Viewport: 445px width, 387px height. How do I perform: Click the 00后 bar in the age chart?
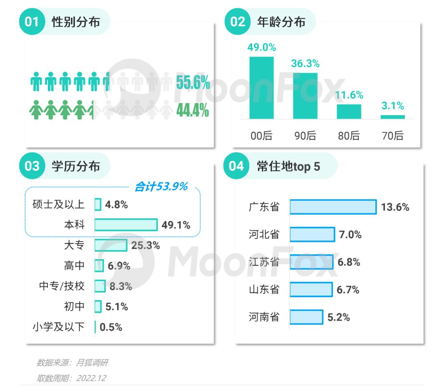pos(262,88)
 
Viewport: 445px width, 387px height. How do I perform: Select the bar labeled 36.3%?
pos(305,96)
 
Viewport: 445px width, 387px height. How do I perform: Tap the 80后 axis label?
pos(349,135)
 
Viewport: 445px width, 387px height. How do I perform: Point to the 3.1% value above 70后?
pos(393,106)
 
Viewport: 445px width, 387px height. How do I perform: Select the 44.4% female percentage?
pos(192,111)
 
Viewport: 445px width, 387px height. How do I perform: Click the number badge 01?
pos(32,21)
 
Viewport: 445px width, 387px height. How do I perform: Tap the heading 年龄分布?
pos(281,21)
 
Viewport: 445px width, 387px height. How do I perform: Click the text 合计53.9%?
pos(161,187)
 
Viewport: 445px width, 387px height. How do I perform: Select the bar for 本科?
pos(126,225)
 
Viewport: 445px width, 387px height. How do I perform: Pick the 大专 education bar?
pos(111,245)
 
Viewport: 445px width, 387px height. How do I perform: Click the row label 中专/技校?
pos(62,286)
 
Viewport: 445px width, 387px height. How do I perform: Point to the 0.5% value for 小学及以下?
pos(111,327)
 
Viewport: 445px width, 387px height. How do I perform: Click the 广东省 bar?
pos(333,207)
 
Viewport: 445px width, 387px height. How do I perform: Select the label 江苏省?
pos(264,262)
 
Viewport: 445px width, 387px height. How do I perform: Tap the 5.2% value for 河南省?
pos(339,317)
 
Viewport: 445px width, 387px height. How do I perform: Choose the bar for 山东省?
pos(311,290)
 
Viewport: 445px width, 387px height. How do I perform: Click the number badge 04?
pos(237,166)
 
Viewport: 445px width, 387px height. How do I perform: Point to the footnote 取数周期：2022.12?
pos(71,378)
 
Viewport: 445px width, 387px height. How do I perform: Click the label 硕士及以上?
pos(59,205)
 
